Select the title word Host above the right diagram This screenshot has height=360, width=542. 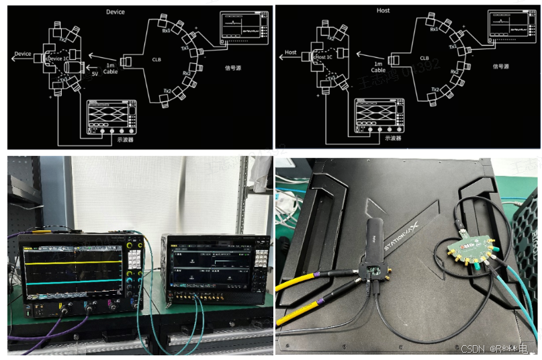[x=383, y=11]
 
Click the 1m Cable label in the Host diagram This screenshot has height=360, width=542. [x=378, y=66]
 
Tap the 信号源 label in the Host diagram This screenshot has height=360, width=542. [x=500, y=66]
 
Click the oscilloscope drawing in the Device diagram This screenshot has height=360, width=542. [x=111, y=118]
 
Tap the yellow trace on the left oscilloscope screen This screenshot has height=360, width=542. [x=74, y=262]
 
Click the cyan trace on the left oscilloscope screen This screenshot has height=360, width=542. [x=74, y=281]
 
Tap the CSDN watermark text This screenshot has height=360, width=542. [x=473, y=349]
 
